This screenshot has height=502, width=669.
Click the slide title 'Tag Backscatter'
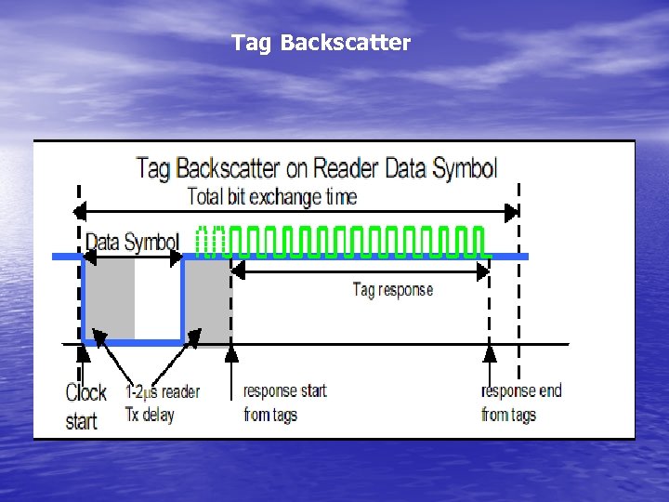click(x=321, y=43)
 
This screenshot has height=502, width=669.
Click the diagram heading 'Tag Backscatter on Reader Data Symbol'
click(x=316, y=168)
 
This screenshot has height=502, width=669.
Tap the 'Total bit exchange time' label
click(x=271, y=197)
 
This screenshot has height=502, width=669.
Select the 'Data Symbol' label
click(x=131, y=242)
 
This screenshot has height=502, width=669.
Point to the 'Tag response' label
click(x=392, y=289)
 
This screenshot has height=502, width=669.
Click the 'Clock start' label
click(x=85, y=406)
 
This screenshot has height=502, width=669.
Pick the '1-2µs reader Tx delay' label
click(x=162, y=403)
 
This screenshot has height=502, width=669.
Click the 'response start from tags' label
click(x=284, y=403)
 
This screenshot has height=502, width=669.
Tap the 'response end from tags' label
click(x=521, y=403)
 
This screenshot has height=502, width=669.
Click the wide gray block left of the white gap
click(x=110, y=297)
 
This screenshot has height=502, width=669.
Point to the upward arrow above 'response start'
click(x=232, y=358)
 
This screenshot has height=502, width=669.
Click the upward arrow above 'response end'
click(x=490, y=358)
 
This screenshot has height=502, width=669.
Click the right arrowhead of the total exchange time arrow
click(x=511, y=212)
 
